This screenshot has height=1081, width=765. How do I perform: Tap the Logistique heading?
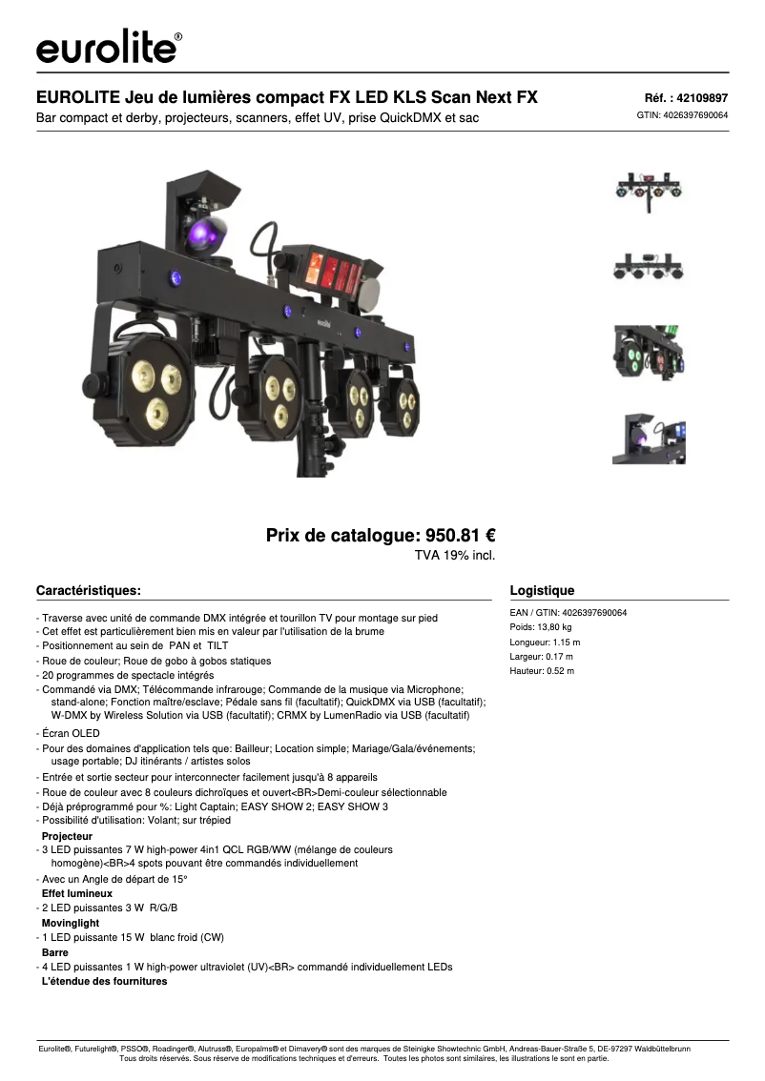543,590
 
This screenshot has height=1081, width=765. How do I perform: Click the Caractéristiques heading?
89,590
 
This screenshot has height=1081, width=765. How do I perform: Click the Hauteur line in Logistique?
542,670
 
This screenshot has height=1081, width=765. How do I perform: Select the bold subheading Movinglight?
71,923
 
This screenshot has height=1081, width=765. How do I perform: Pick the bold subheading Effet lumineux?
77,893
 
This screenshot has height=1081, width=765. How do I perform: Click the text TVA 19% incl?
454,555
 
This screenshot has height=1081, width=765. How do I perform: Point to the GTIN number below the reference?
682,115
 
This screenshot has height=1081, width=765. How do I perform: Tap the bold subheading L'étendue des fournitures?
104,981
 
